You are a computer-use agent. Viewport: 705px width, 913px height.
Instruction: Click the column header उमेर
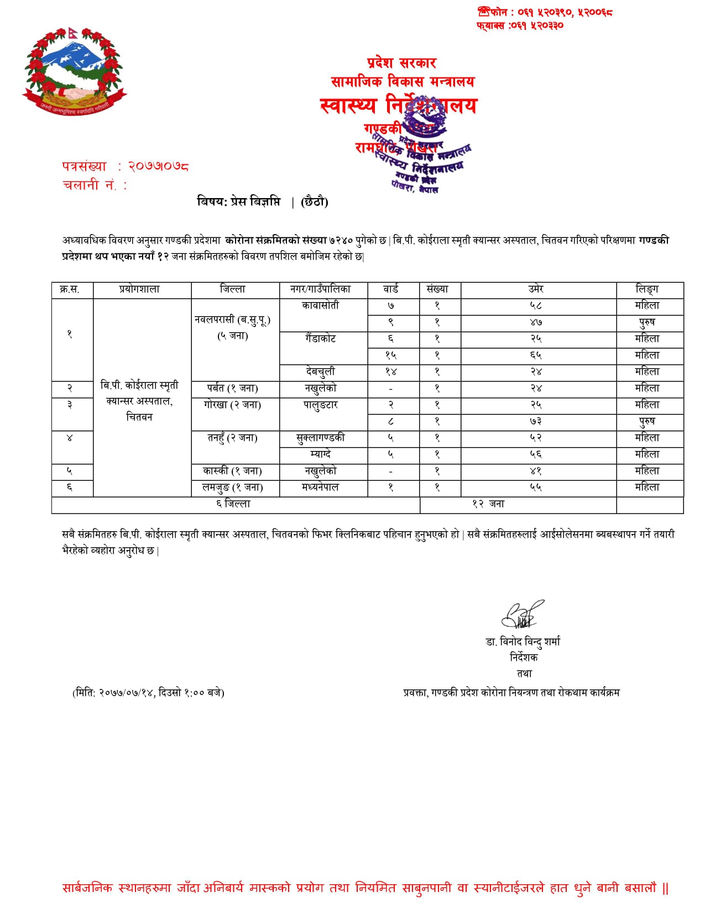coord(535,289)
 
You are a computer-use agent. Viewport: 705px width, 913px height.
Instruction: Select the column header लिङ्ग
coord(647,289)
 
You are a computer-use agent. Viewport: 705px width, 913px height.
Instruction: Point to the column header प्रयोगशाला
coord(139,289)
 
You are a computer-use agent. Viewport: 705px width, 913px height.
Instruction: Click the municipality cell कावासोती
coord(320,305)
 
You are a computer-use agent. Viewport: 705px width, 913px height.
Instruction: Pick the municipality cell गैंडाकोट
coord(320,339)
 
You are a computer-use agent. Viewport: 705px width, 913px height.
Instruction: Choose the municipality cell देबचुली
coord(320,372)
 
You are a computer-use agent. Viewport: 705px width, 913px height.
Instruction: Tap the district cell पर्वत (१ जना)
coord(232,388)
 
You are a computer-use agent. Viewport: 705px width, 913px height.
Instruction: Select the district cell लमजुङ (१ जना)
coord(232,487)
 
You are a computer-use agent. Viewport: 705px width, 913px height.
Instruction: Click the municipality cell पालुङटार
coord(320,405)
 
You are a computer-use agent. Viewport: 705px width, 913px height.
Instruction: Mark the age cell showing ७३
coord(535,422)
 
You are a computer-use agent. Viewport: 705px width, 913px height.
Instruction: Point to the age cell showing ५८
coord(535,305)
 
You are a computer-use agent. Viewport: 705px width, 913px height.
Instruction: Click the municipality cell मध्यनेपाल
coord(320,487)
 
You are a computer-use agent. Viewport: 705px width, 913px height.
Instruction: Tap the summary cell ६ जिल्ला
coord(233,504)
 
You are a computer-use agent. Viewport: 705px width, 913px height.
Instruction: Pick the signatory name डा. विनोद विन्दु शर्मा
coord(523,641)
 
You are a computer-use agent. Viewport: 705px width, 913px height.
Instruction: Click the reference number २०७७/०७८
coord(158,166)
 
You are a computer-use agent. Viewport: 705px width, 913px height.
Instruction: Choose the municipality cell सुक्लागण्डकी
coord(320,438)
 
